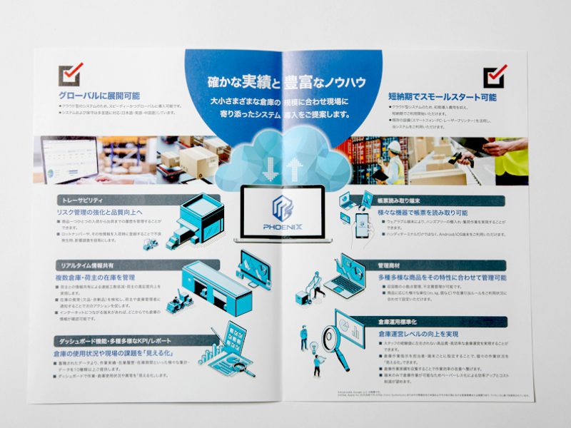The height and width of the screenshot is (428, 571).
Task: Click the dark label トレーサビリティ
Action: tap(81, 201)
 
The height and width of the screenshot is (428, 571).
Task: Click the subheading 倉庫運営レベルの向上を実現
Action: tap(418, 334)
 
